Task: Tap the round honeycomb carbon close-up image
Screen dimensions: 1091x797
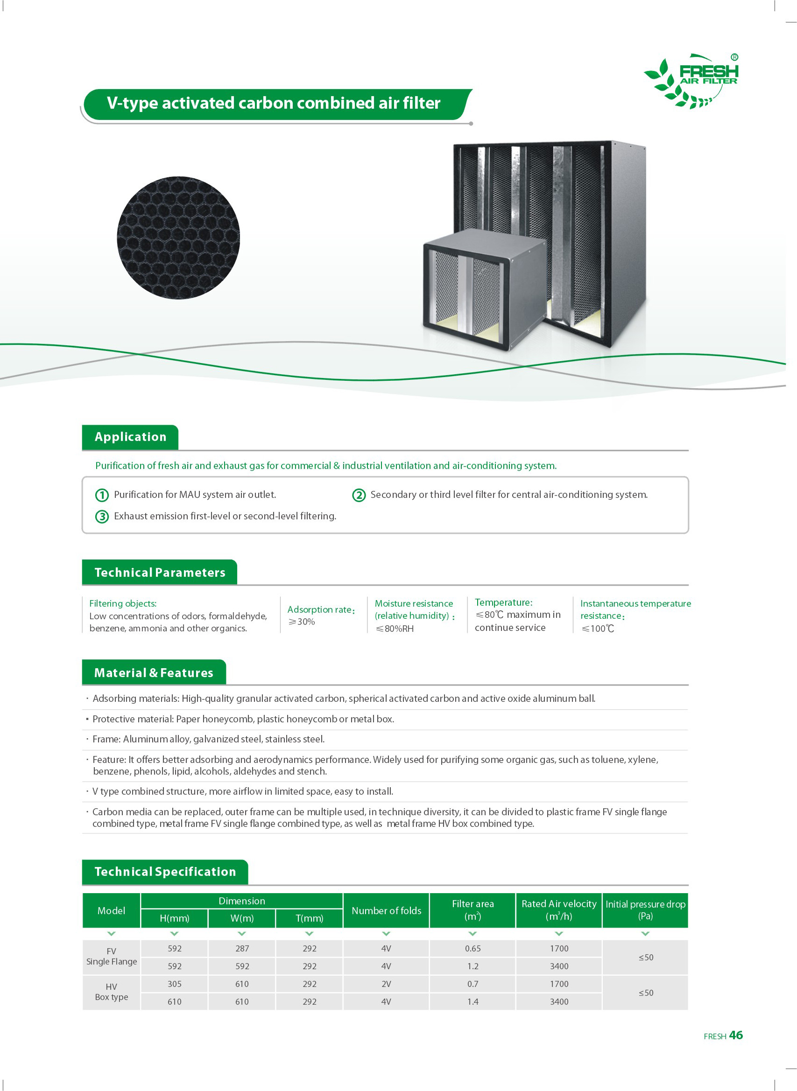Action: [x=178, y=237]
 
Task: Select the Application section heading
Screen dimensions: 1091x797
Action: [x=130, y=437]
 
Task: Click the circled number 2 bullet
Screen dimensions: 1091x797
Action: [x=359, y=495]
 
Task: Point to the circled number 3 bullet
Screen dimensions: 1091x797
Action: [x=102, y=516]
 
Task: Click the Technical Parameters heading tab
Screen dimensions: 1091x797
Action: [x=160, y=572]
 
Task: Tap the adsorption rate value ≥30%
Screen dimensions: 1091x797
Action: [x=302, y=622]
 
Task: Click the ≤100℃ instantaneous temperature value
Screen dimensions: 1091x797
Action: [x=598, y=629]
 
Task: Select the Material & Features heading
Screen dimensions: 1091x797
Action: [x=154, y=672]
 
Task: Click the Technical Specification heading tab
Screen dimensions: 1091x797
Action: [x=165, y=872]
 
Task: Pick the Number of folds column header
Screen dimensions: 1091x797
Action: [x=386, y=910]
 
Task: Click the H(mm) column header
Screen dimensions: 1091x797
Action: [x=174, y=918]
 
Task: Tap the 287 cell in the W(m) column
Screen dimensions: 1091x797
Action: [x=242, y=948]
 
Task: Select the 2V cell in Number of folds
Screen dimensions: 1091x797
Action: [x=386, y=984]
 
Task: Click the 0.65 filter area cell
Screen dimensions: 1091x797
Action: [x=473, y=948]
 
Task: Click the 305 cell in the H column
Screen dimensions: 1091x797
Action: [x=175, y=984]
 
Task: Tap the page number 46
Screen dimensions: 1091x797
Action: [x=736, y=1035]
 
